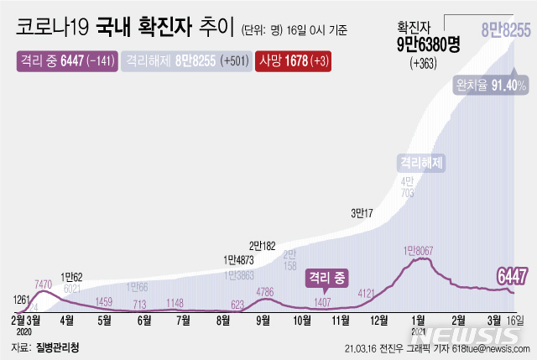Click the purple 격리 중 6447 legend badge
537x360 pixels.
(66, 61)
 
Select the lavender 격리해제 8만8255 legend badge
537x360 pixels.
(187, 61)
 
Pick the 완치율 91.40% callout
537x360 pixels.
(492, 86)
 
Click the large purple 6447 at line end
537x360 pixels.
(514, 276)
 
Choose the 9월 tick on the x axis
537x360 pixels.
(262, 320)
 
